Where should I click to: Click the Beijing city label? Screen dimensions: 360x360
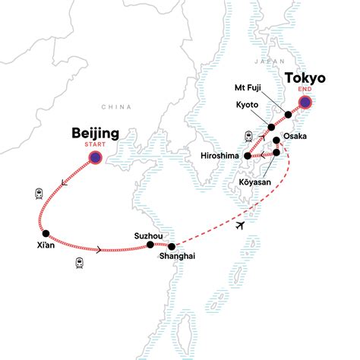tap(94, 134)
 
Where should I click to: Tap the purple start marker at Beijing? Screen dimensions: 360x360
tap(96, 158)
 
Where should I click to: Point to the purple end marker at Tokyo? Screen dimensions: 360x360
tap(305, 103)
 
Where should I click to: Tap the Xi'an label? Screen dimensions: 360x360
tap(46, 246)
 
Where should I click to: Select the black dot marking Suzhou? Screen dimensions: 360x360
tap(150, 245)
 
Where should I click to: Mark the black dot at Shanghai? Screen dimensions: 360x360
tap(172, 246)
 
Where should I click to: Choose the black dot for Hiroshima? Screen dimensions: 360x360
tap(248, 156)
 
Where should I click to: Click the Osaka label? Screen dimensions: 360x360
tap(295, 136)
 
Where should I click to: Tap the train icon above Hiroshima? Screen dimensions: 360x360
tap(248, 136)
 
